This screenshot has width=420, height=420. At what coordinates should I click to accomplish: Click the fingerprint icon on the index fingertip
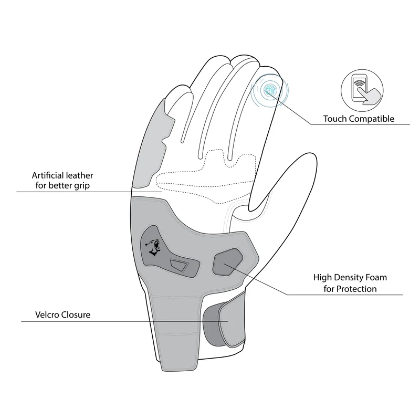[x=269, y=89]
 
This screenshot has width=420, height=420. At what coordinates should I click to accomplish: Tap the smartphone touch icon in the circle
[x=362, y=90]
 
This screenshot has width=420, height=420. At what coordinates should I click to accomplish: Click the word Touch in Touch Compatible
[x=335, y=119]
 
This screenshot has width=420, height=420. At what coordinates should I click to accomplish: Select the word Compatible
[x=372, y=119]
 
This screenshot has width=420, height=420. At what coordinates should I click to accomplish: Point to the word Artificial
[x=48, y=175]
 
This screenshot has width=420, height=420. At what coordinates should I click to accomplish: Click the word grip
[x=82, y=186]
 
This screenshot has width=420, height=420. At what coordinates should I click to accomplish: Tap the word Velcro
[x=47, y=314]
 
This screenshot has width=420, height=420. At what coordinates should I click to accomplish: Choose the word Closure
[x=76, y=314]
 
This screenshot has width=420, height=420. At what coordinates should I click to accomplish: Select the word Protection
[x=356, y=289]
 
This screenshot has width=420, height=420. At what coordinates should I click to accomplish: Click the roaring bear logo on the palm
[x=153, y=246]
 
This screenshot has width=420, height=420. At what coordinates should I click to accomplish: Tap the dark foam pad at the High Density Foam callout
[x=228, y=261]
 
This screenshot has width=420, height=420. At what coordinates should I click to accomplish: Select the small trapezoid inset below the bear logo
[x=180, y=265]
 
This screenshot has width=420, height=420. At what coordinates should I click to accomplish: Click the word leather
[x=80, y=175]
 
